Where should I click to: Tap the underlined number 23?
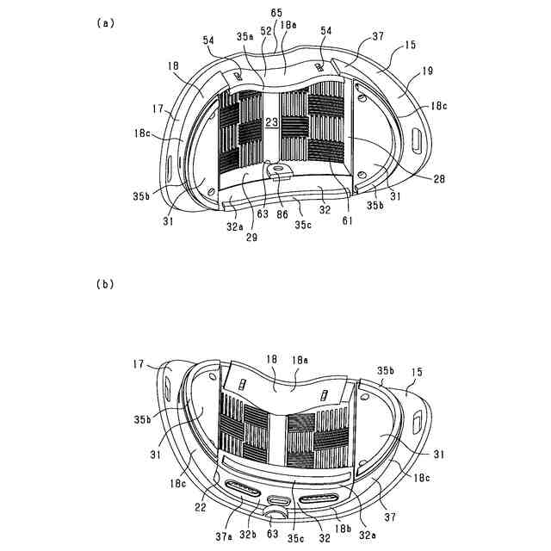272,123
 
